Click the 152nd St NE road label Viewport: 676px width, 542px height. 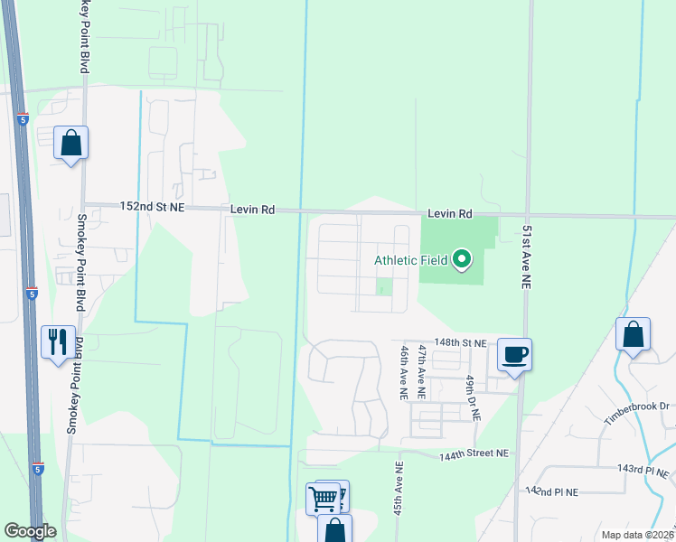coord(153,207)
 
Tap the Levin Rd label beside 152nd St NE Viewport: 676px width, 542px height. coord(252,209)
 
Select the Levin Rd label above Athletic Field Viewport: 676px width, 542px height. coord(450,214)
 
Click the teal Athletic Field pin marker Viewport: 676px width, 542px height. coord(463,261)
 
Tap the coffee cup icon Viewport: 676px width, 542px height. coord(514,353)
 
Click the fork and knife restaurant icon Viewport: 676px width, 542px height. coord(58,342)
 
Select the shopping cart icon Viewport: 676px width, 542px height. coord(324,498)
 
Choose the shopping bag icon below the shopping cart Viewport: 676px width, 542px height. coord(334,530)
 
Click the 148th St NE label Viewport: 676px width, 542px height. coord(460,343)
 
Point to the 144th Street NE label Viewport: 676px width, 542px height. coord(474,453)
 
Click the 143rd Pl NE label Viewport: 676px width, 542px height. coord(643,471)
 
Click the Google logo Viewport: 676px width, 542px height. coord(30,531)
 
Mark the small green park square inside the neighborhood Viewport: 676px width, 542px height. coord(384,287)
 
